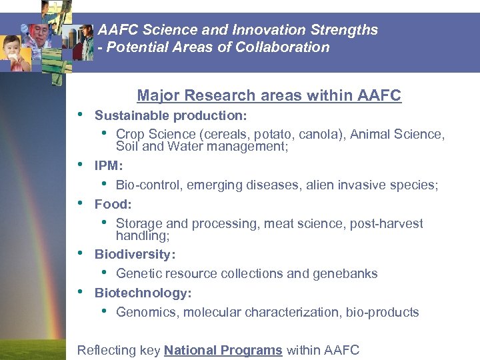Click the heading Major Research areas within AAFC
(x=269, y=96)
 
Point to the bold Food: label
(x=113, y=204)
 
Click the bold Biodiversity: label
(x=135, y=254)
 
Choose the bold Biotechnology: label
(x=143, y=293)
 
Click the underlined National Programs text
(x=223, y=350)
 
